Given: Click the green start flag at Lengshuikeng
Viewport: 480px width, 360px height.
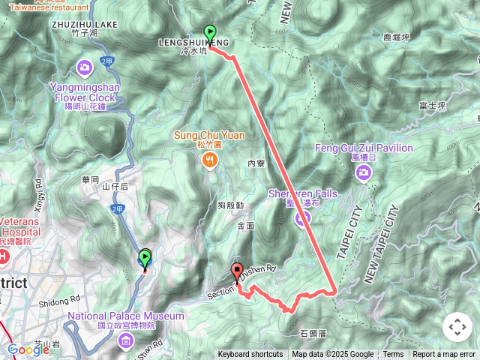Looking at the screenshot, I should [211, 33].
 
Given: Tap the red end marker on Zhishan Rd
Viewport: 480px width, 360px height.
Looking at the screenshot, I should [237, 272].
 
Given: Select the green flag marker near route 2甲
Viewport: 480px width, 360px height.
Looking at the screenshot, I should [145, 259].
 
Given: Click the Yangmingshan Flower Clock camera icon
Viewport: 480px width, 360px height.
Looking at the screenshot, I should [85, 67].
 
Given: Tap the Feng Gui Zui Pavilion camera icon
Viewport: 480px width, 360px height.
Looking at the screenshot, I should [364, 173].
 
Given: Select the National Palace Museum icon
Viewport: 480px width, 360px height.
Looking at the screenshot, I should [125, 342].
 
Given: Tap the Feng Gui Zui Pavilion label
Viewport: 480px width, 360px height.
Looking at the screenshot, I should [364, 148].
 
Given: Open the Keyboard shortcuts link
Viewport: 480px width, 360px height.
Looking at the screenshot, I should [250, 355].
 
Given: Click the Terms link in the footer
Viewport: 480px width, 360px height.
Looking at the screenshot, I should [393, 355].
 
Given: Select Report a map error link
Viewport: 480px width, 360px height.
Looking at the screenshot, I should [444, 355].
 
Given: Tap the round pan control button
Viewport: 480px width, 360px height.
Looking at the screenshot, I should [456, 327].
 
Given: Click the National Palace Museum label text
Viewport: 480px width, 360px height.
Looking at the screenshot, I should [125, 316].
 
